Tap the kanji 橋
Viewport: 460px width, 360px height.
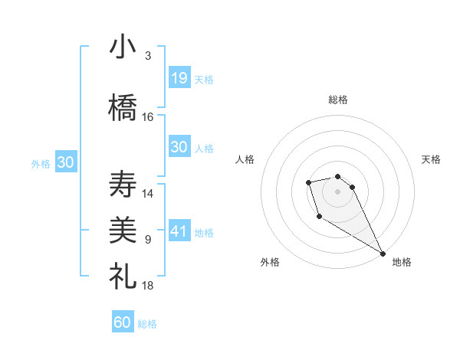[123, 107]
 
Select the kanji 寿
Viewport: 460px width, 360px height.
[123, 185]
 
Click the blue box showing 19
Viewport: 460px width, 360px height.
[179, 77]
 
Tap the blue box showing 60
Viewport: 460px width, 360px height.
[123, 322]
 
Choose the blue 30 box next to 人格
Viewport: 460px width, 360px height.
[179, 147]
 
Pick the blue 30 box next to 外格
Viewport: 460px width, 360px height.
[65, 162]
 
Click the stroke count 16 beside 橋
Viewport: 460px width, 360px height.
[148, 117]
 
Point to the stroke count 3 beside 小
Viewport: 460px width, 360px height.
[148, 56]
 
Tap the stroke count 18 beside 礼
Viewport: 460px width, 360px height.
[148, 285]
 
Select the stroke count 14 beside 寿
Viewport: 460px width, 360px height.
[148, 194]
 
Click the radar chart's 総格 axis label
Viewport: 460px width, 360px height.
[338, 100]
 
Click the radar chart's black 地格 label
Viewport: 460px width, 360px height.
[402, 262]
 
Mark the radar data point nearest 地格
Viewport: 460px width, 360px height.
[383, 254]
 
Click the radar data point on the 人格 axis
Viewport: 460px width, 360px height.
[308, 182]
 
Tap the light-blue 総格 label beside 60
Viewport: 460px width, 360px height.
[147, 324]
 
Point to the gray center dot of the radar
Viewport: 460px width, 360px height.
[337, 191]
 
